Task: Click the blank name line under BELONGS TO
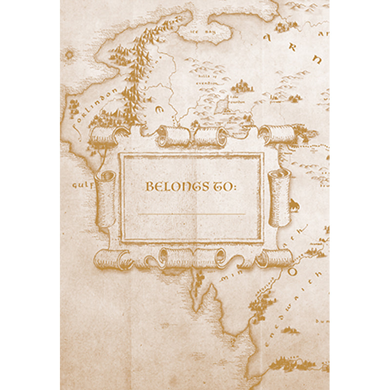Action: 191,214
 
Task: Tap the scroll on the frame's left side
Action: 105,197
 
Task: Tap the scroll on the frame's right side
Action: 278,197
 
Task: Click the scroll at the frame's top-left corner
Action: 105,135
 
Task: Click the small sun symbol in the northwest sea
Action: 69,55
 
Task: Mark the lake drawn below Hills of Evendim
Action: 222,104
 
